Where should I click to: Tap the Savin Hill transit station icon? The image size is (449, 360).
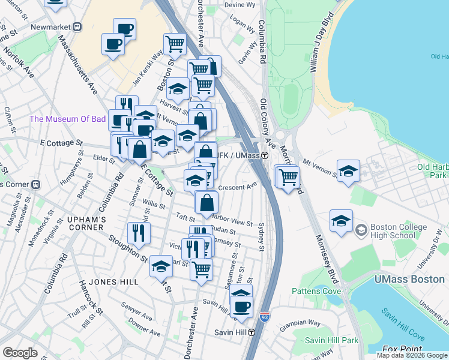tap(252, 332)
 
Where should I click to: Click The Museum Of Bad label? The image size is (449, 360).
tap(68, 119)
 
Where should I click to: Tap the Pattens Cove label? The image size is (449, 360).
tap(316, 292)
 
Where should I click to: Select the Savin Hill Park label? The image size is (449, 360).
tap(331, 340)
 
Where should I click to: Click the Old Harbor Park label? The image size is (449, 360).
tap(432, 170)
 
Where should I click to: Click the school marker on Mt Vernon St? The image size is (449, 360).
tap(348, 172)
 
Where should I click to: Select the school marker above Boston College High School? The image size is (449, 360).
tap(341, 221)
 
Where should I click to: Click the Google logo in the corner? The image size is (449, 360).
tap(20, 353)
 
